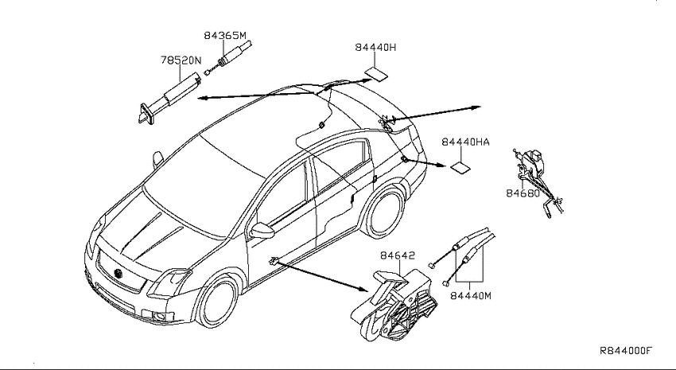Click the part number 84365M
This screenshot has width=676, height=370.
click(x=225, y=35)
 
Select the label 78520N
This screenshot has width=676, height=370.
click(x=181, y=60)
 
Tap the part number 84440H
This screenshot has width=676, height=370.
click(x=375, y=48)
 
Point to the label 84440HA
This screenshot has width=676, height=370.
click(x=465, y=142)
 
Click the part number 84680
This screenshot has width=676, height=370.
click(x=523, y=193)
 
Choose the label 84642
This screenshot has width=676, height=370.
click(x=398, y=255)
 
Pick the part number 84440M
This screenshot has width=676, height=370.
click(x=471, y=296)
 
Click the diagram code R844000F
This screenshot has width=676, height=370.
click(x=626, y=350)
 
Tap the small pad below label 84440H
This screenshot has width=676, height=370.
click(x=376, y=74)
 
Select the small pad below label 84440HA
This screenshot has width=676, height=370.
click(x=461, y=167)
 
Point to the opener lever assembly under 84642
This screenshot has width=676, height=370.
click(x=394, y=305)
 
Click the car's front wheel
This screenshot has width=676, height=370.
click(x=218, y=301)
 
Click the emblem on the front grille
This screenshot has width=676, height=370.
click(x=118, y=274)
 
